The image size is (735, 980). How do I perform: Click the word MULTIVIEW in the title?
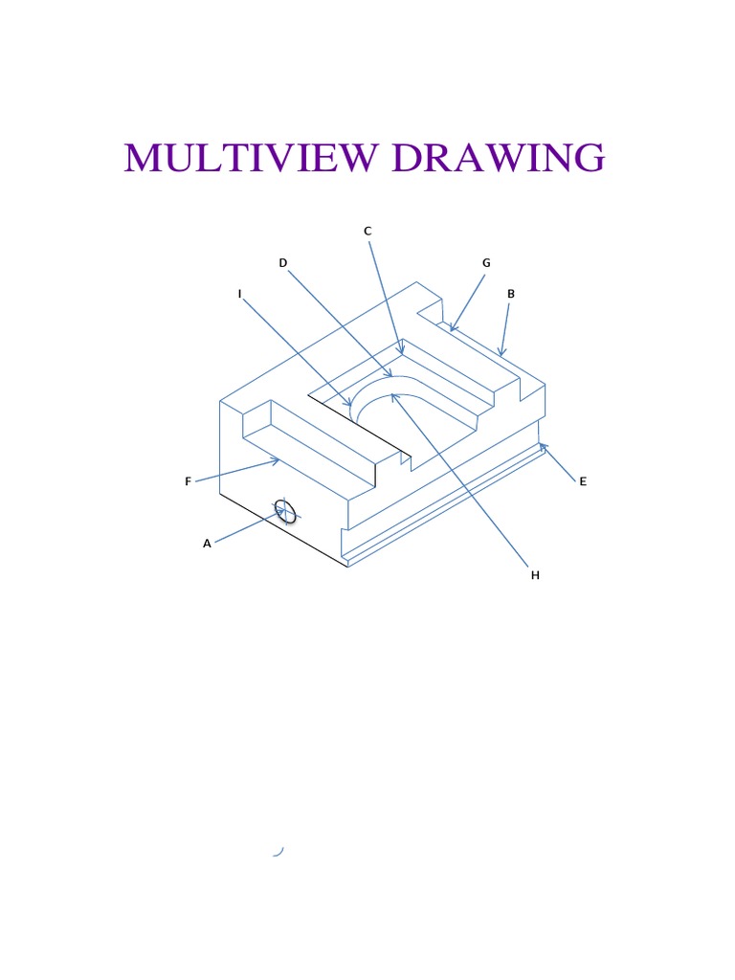coord(253,158)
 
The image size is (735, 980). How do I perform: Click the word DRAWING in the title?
coord(498,158)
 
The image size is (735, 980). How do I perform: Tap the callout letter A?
coord(207,544)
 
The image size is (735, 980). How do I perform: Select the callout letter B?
coord(511,294)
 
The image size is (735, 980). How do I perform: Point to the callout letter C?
coord(367,231)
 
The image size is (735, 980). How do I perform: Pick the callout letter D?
coord(283,262)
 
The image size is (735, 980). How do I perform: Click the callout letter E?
coord(582,481)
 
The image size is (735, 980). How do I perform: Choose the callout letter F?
coord(189,481)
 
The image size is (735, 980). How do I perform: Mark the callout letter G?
coord(486,262)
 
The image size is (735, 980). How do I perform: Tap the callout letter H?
coord(536,575)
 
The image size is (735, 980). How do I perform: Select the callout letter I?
coord(239,294)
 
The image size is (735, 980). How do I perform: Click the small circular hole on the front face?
coord(285,511)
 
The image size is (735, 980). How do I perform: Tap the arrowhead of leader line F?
coord(278,460)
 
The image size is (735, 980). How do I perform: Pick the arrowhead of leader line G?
coord(451,331)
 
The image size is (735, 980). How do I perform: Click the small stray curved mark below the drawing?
coord(278,851)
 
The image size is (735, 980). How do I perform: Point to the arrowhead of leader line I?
coord(351,406)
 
